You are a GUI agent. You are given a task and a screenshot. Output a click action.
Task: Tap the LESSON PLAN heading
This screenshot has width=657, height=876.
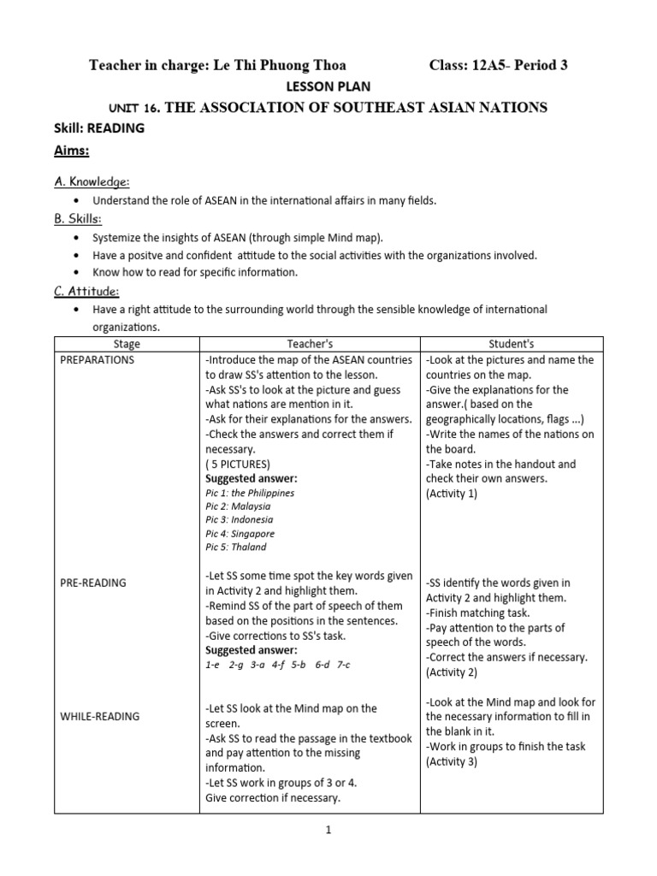pos(328,86)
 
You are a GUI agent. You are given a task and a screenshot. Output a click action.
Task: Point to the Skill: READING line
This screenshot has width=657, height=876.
pos(99,128)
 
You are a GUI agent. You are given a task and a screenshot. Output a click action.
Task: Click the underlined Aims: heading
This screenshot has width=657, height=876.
pos(75,151)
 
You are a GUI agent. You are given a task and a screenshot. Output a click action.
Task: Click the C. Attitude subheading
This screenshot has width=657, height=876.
pos(88,291)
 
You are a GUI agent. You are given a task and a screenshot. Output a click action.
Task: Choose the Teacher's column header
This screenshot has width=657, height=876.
pos(309,344)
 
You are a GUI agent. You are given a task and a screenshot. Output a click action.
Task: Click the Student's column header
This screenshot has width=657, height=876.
pos(512,344)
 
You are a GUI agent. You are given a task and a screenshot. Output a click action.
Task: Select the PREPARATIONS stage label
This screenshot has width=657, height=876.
pos(98,360)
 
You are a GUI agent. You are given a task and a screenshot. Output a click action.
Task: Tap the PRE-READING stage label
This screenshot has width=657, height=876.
pos(93,583)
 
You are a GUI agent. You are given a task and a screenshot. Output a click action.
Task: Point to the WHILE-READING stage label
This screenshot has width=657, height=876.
pos(99,716)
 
